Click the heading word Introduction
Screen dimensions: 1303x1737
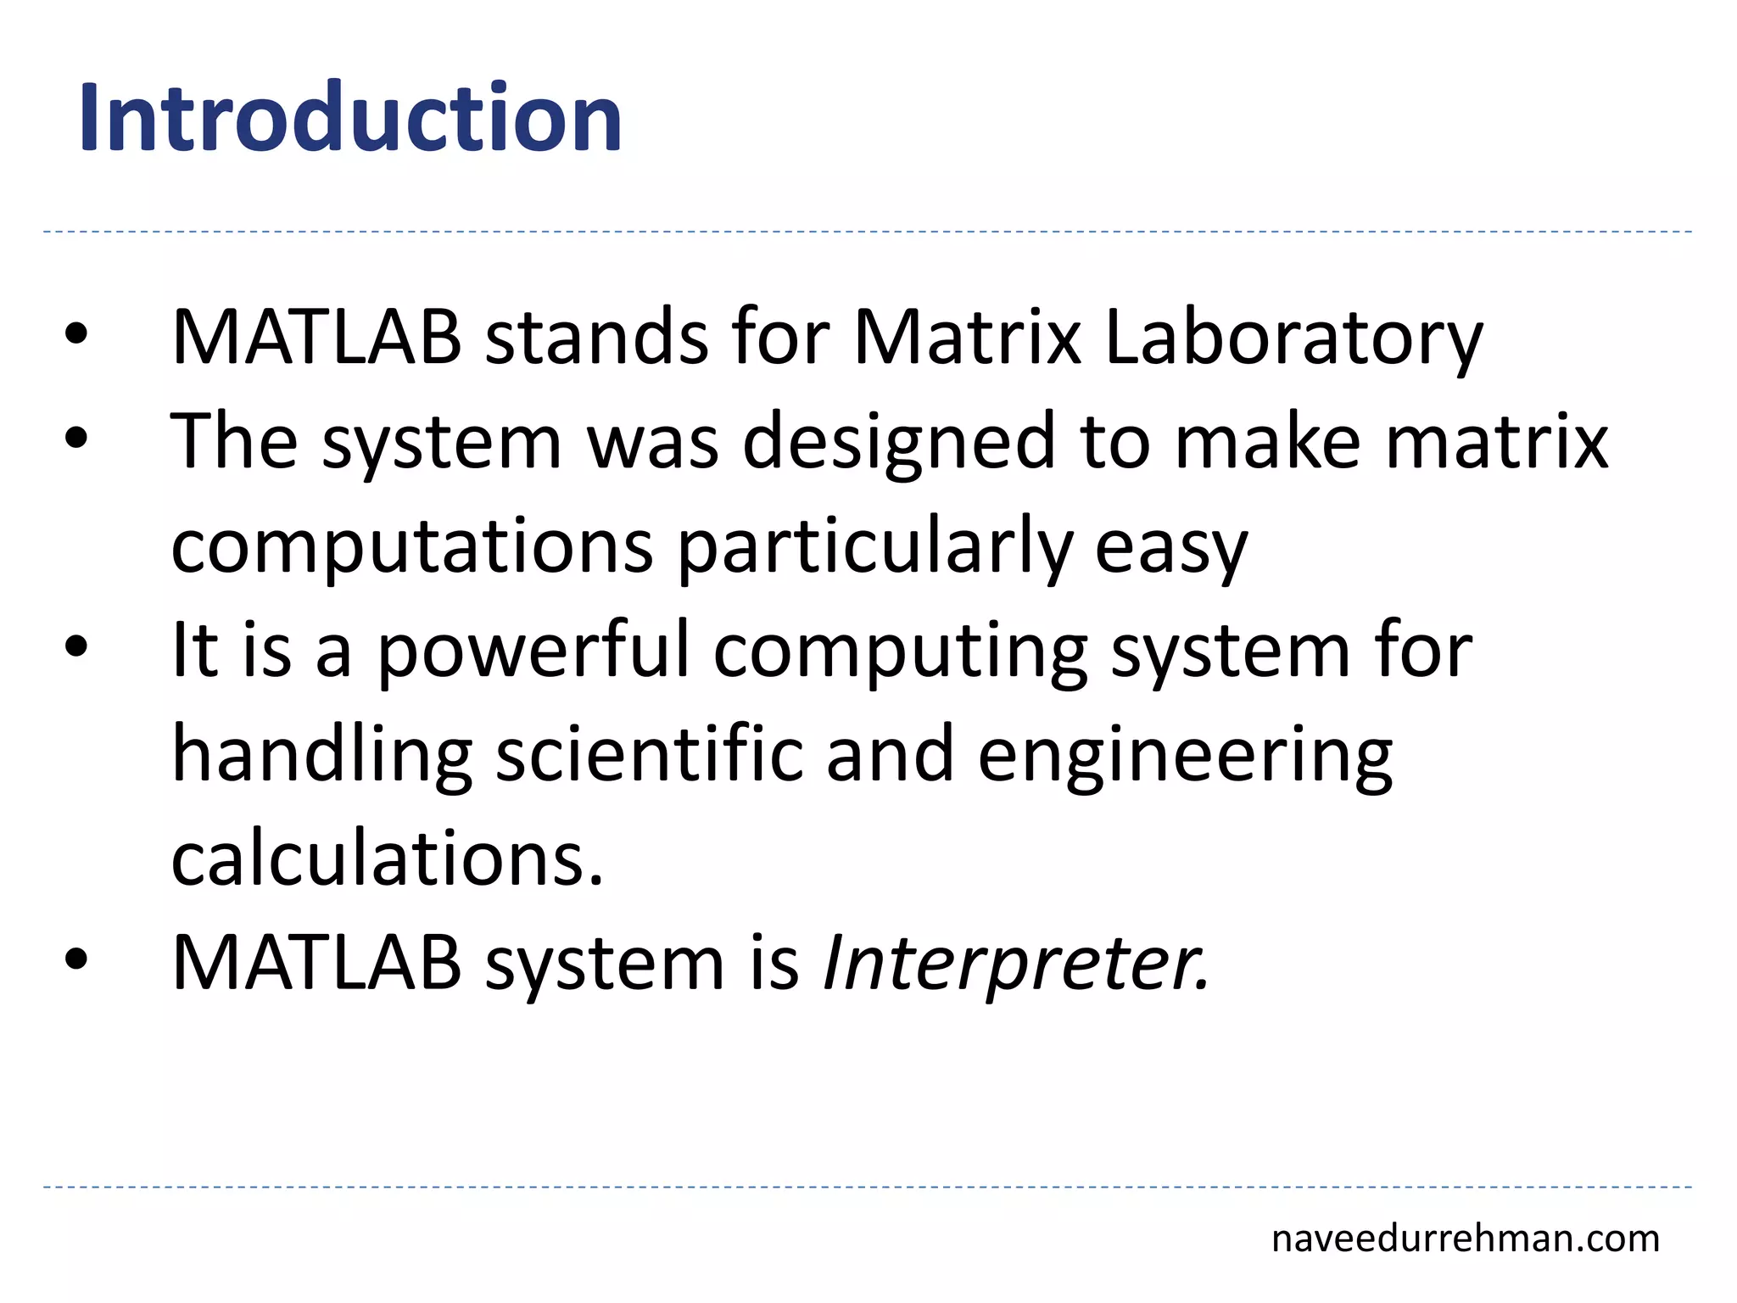coord(350,118)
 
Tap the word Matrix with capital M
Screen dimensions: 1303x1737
coord(967,338)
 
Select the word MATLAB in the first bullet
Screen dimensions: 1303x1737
coord(316,338)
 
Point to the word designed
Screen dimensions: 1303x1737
coord(897,443)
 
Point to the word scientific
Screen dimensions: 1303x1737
coord(649,755)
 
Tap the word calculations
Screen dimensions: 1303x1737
coord(388,859)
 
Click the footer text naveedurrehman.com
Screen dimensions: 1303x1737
coord(1465,1239)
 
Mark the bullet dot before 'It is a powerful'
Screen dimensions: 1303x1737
coord(75,647)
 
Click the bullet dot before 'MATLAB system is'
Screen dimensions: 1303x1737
coord(75,959)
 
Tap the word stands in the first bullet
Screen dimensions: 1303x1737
coord(595,338)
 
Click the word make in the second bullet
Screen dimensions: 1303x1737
coord(1267,443)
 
